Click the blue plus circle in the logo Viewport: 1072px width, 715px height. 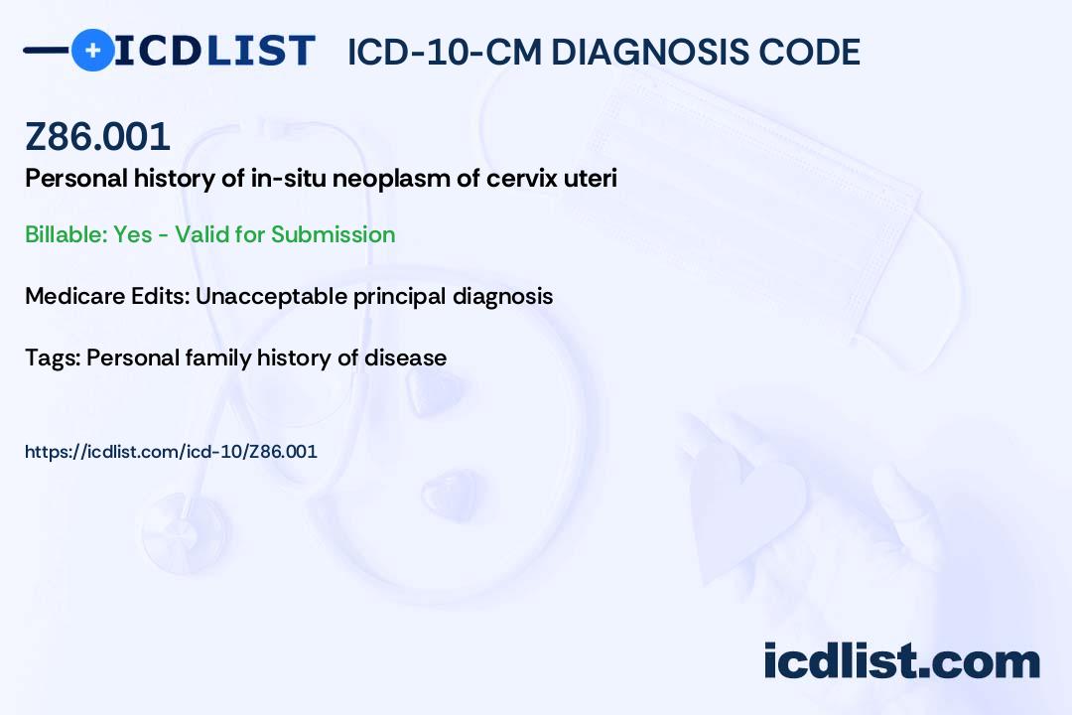tap(92, 50)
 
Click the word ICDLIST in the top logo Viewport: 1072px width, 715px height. tap(214, 51)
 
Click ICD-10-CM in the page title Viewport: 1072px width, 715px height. tap(445, 52)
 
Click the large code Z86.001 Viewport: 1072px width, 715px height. tap(97, 136)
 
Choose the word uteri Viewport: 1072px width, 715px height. tap(590, 179)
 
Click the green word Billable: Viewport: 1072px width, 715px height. tap(66, 234)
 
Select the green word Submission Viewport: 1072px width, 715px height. tap(333, 234)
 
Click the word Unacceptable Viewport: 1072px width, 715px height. tap(271, 296)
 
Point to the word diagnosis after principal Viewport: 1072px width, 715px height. tap(502, 296)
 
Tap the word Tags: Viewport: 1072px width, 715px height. tap(52, 357)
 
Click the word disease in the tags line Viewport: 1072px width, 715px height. tap(405, 357)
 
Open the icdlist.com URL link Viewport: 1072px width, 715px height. tap(171, 452)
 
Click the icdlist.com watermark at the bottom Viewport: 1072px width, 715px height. tap(901, 661)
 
